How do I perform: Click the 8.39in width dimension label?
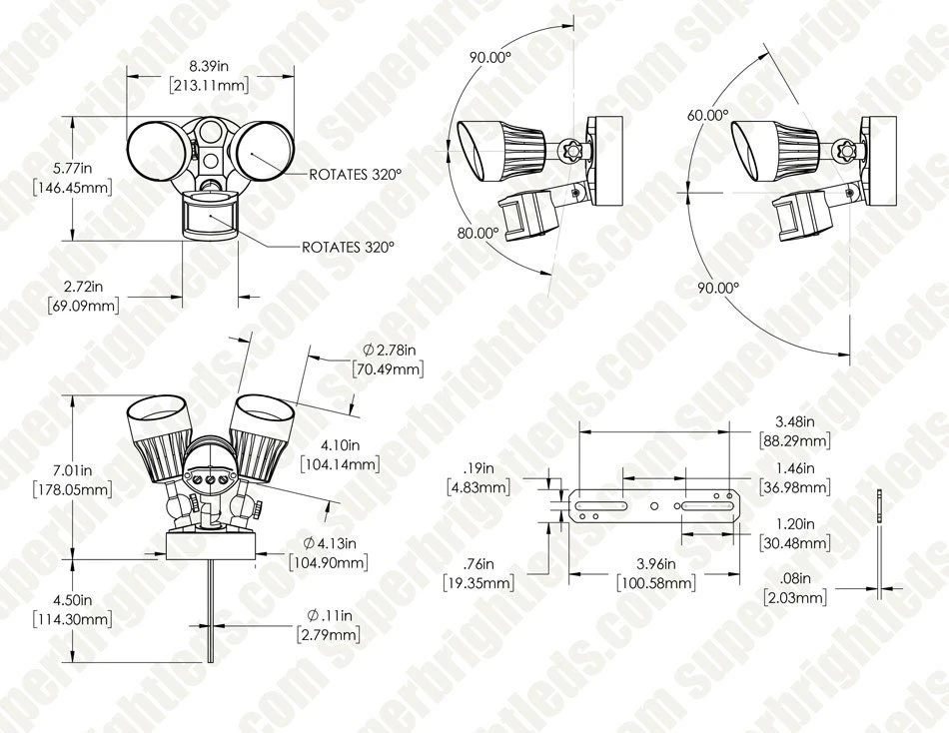click(x=208, y=76)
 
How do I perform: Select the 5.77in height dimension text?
click(x=72, y=178)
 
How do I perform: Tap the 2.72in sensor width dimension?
click(x=84, y=296)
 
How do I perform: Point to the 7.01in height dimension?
click(x=72, y=479)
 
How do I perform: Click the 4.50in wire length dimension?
click(x=72, y=609)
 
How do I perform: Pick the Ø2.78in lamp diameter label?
click(x=389, y=360)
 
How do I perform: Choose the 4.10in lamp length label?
click(x=340, y=454)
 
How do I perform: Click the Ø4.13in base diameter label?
click(x=329, y=552)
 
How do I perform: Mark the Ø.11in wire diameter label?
click(x=329, y=625)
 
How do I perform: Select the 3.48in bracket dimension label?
click(x=795, y=430)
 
